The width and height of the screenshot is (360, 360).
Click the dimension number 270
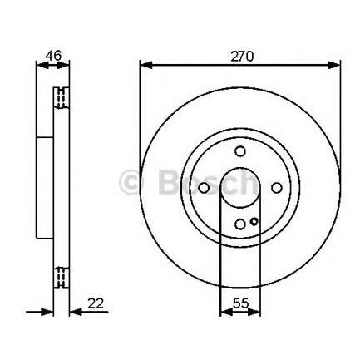pos(242,57)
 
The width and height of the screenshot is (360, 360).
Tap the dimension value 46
pos(53,56)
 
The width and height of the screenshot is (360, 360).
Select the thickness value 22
pos(96,303)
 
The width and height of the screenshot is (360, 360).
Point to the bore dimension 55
pos(240,303)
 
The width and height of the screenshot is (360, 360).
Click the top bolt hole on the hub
pos(240,151)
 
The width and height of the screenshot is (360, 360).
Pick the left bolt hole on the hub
pos(204,188)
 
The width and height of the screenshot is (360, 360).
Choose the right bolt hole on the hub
pos(277,188)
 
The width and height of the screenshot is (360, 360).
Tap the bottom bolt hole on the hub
pos(240,224)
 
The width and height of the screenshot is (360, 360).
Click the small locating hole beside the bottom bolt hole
pos(254,221)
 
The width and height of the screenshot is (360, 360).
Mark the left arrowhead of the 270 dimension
pos(146,66)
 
